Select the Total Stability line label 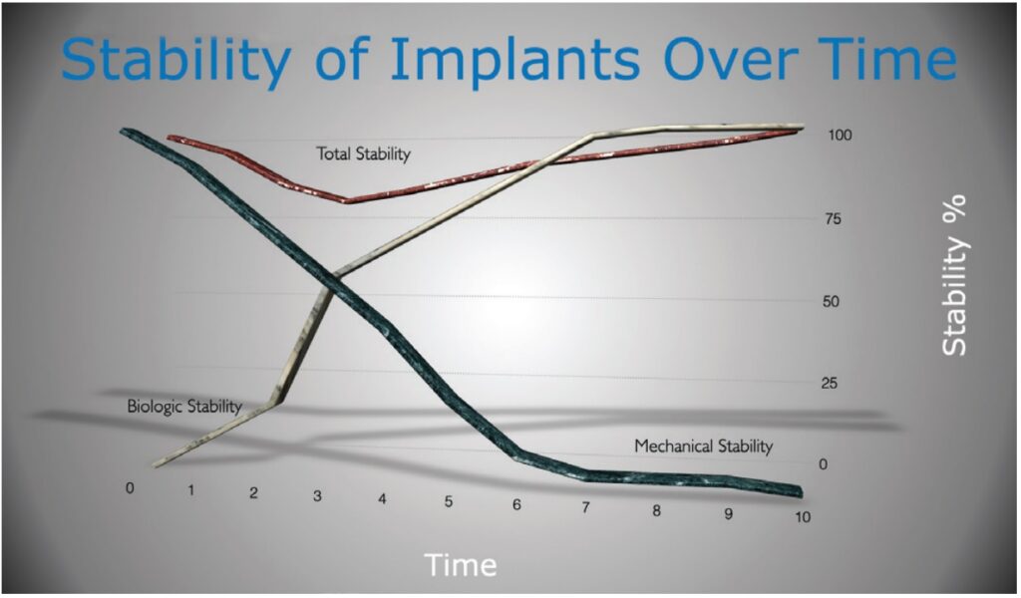363,153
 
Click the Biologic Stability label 184,406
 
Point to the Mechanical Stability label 703,446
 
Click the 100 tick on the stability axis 840,135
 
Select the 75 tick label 833,218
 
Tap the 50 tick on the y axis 831,301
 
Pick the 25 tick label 829,384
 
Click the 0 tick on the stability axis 823,464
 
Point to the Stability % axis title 954,275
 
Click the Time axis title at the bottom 461,564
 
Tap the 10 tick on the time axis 803,516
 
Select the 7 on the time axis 585,507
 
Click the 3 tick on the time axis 317,495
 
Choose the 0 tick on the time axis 131,487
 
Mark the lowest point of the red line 348,200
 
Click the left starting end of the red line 170,138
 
